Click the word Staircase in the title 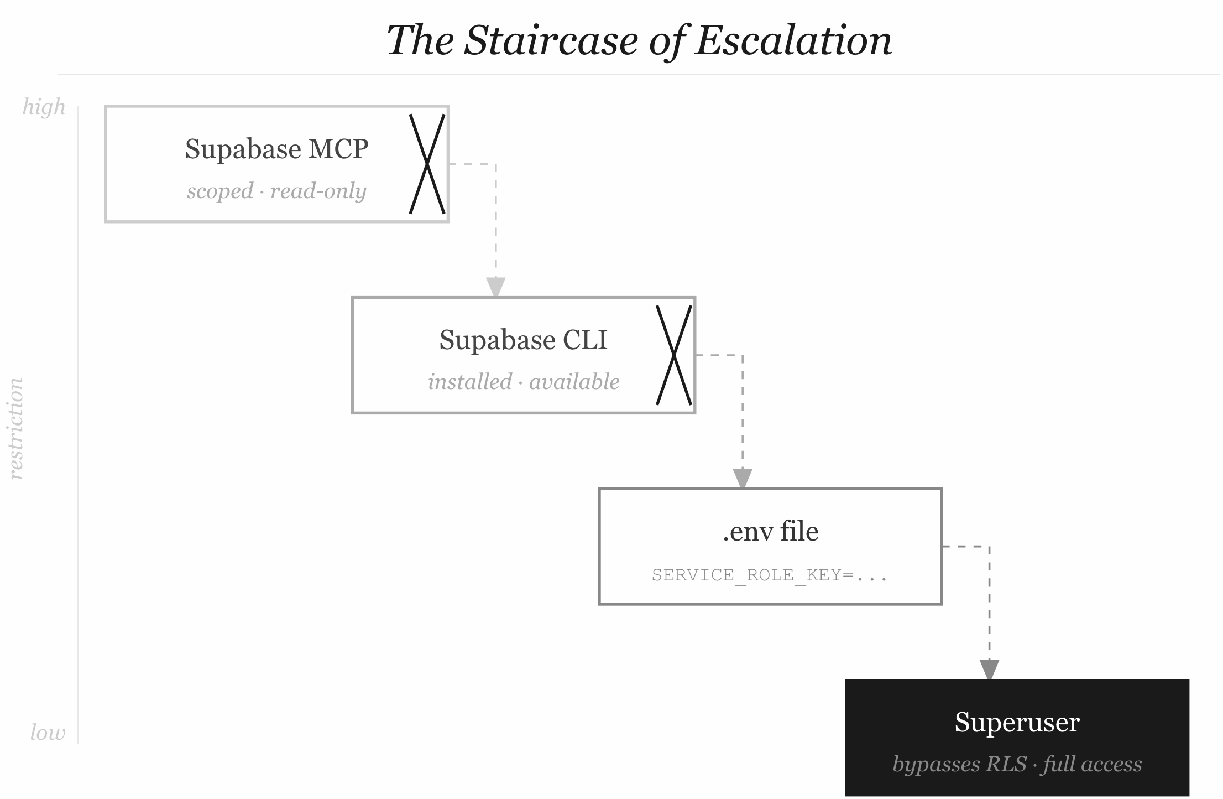point(551,41)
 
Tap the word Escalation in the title point(793,41)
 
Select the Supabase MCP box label point(276,149)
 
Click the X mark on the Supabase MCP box point(427,164)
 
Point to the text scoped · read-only point(276,191)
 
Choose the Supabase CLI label point(523,340)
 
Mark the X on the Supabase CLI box point(673,355)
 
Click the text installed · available point(523,382)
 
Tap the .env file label point(770,532)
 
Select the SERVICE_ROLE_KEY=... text point(770,575)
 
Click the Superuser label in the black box point(1017,723)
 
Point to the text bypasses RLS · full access point(1017,764)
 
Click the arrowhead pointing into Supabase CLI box point(495,287)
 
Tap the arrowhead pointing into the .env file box point(742,478)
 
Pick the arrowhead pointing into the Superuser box point(989,670)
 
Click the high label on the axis point(44,107)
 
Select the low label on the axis point(48,733)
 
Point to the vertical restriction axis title point(17,429)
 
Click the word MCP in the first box point(338,149)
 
